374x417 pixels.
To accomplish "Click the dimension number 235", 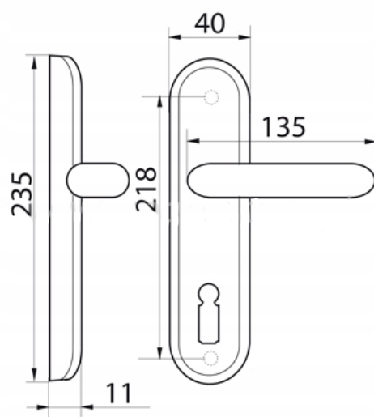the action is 22,194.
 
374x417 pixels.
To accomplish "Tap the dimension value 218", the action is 146,189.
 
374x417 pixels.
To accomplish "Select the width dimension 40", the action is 210,23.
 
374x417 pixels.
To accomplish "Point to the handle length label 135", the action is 283,127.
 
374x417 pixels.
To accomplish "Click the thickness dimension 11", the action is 119,393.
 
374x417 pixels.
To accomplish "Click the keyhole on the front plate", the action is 209,313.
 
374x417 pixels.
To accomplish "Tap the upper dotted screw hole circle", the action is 211,97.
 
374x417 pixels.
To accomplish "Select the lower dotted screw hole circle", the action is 210,358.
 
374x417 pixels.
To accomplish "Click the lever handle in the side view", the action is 98,180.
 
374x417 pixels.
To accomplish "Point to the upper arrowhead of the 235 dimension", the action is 34,63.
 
